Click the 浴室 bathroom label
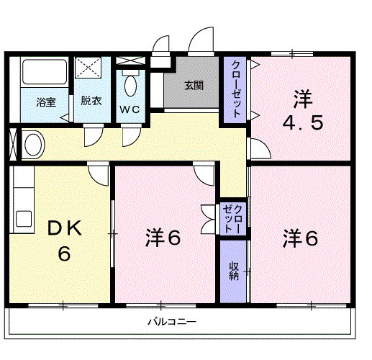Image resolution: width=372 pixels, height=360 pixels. (46, 102)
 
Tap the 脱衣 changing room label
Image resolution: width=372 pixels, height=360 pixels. (91, 100)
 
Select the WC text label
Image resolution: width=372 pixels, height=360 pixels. (130, 109)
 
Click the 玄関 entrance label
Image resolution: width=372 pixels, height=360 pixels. (193, 85)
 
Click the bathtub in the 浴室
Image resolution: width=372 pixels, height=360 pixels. (45, 73)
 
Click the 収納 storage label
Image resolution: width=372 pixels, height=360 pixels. (234, 271)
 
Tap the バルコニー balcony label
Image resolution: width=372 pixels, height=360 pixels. (172, 321)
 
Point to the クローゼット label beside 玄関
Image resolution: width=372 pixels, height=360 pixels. (235, 89)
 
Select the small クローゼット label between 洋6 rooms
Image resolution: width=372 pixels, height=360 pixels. (233, 217)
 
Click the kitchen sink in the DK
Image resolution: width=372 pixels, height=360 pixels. (24, 219)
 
